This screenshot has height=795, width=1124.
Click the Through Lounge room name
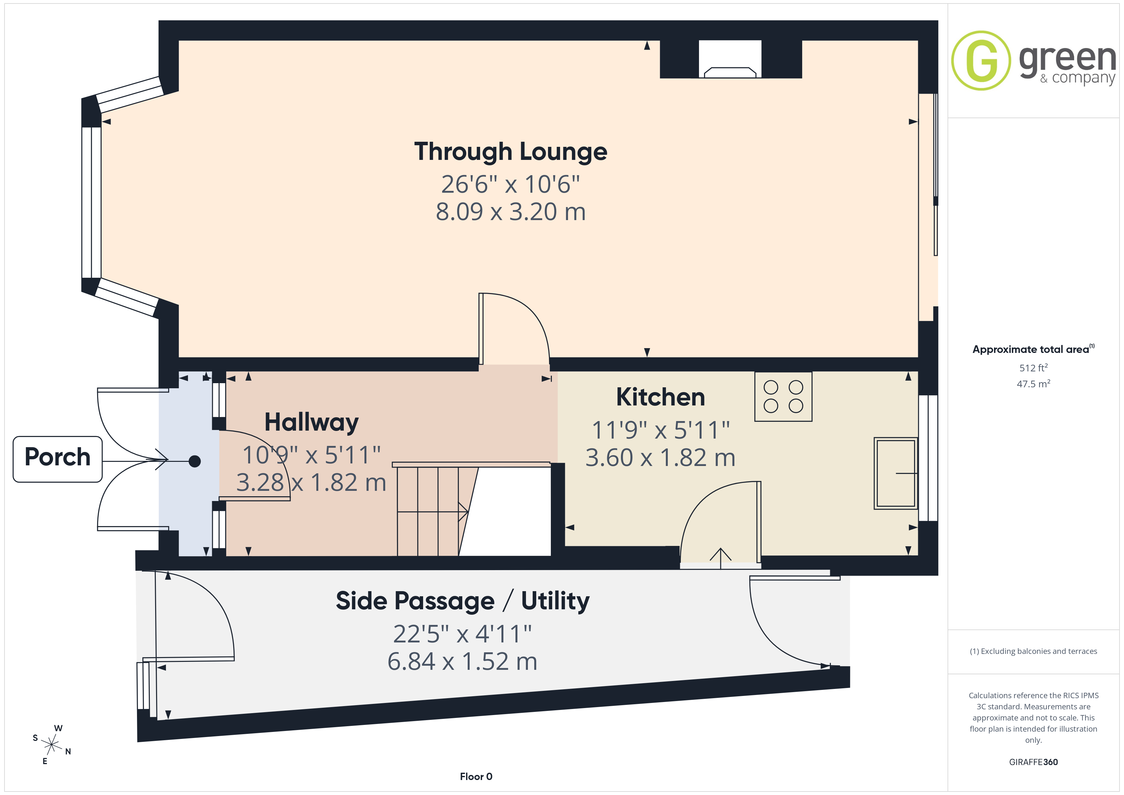(x=511, y=152)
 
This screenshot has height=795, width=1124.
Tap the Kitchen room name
(x=660, y=397)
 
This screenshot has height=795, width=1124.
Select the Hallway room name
(x=311, y=422)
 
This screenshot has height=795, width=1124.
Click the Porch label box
(x=57, y=459)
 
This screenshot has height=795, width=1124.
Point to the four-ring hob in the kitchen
(x=783, y=397)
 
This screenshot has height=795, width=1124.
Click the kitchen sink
(x=896, y=473)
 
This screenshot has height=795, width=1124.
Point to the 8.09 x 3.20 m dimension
(x=511, y=212)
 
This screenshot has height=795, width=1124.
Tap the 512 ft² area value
(x=1034, y=368)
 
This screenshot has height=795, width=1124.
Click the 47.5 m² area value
(x=1034, y=384)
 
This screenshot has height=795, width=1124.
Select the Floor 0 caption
(x=476, y=777)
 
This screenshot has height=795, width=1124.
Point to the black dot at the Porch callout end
(x=195, y=461)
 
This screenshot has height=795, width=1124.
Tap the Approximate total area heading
(x=1034, y=349)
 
